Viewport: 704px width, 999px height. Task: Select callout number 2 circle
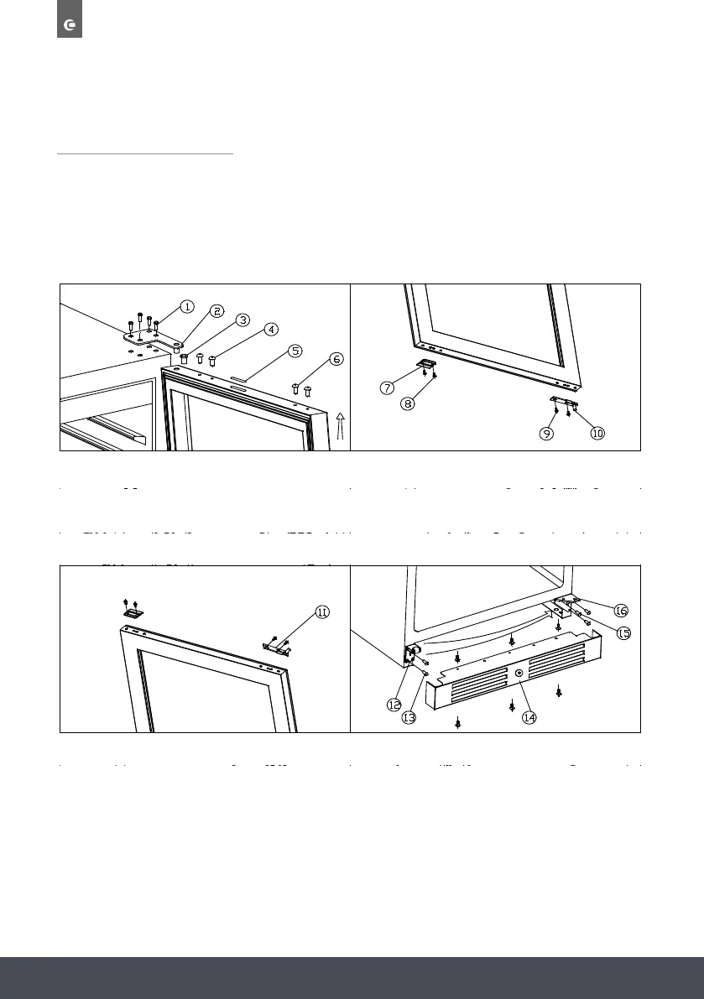point(216,311)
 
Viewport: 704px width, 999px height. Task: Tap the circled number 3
point(242,320)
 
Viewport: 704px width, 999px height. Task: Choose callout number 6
point(336,359)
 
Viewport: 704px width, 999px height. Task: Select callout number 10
point(597,434)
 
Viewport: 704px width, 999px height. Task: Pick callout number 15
point(624,633)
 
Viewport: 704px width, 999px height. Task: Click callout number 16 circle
point(622,610)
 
